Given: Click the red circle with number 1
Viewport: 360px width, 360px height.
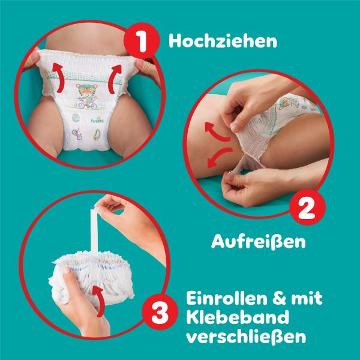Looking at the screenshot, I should [x=140, y=42].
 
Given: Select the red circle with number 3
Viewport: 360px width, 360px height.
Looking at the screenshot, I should [x=157, y=313].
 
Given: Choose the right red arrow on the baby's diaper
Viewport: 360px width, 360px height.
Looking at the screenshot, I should [x=114, y=76].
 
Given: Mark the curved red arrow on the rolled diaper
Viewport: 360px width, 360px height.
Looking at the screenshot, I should [x=97, y=298].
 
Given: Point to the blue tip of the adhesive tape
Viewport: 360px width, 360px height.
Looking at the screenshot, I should [x=92, y=211].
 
